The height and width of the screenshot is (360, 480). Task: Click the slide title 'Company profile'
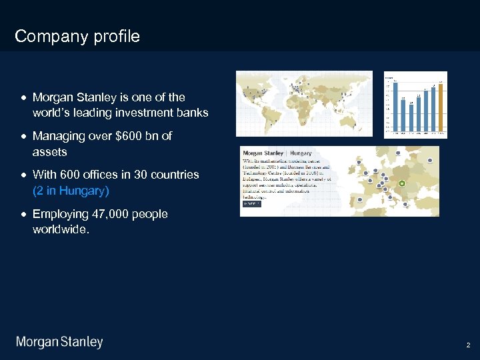tap(77, 36)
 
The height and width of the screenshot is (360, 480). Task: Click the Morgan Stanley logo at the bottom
tap(59, 343)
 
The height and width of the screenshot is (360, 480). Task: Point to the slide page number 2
tap(469, 345)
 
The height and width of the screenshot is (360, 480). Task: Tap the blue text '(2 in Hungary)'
tap(71, 191)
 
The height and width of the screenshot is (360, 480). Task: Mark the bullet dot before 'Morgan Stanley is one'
tap(24, 98)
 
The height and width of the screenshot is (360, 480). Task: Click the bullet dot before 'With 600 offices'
tap(24, 175)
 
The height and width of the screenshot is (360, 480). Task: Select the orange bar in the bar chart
tap(440, 107)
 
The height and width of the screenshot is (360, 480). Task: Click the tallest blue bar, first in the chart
tap(395, 107)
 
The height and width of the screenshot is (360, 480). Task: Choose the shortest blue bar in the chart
tap(411, 117)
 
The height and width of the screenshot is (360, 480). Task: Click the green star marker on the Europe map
tap(401, 183)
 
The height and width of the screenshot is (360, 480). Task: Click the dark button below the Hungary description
tap(252, 204)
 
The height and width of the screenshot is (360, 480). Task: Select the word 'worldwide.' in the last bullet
tap(61, 230)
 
